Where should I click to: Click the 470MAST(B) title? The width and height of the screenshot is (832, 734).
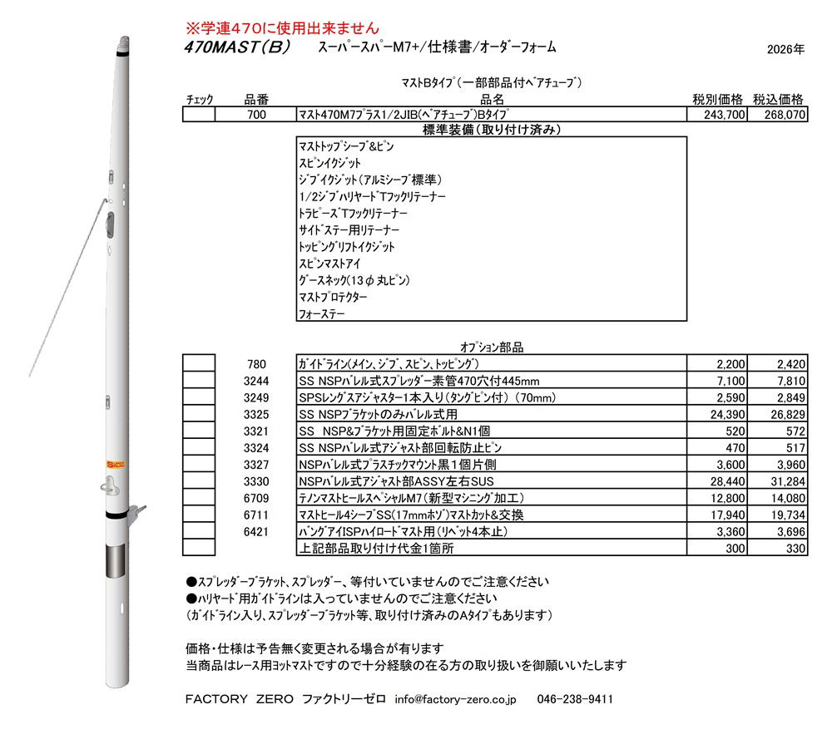(237, 47)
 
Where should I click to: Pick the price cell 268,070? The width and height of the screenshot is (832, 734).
(780, 116)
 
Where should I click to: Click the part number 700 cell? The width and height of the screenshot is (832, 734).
(256, 116)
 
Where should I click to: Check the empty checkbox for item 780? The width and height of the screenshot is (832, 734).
(199, 364)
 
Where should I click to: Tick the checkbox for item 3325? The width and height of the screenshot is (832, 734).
(199, 414)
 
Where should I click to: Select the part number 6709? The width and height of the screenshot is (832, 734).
(256, 498)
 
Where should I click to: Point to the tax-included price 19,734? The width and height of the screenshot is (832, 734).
(780, 515)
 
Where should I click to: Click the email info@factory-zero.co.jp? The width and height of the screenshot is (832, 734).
(456, 699)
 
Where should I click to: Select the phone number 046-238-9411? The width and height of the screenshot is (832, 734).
(576, 699)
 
